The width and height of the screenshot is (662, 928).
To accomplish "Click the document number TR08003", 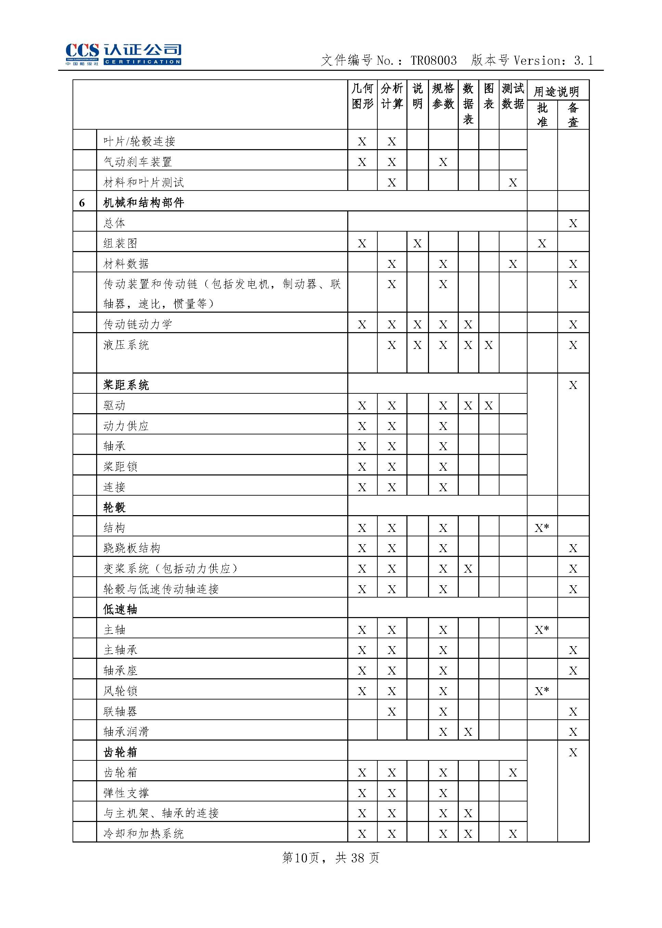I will coord(433,61).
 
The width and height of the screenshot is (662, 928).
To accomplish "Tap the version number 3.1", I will coord(583,61).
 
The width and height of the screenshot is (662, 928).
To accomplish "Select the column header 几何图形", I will coord(362,96).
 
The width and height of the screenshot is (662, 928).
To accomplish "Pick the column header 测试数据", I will coord(513,96).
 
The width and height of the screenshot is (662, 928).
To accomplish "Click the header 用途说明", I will coord(557,91).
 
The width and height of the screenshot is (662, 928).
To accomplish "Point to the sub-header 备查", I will coord(573,115).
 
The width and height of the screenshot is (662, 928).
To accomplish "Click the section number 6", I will coord(82,203).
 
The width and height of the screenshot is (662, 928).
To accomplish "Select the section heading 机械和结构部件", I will coord(143,202).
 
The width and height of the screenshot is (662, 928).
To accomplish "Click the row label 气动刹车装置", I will coord(138,162).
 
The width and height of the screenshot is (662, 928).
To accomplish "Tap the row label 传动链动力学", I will coord(138,324).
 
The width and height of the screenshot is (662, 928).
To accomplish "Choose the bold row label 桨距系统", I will coord(126,385).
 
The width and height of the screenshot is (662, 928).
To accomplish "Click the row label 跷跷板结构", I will coord(132,548).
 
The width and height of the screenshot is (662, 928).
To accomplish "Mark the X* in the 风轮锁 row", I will coord(542,691).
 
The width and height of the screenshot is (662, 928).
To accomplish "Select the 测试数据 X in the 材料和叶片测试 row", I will coord(513,183).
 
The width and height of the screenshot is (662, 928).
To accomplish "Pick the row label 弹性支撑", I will coord(126,793).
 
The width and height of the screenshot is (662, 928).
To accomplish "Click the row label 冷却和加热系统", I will coord(143,834).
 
